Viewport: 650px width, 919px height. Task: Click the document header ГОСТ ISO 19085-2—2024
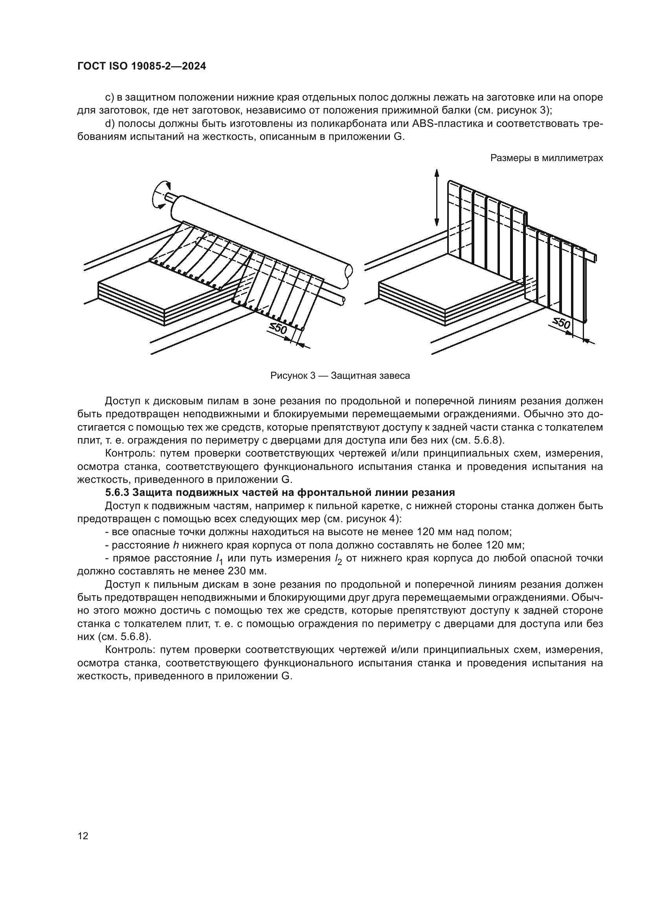142,66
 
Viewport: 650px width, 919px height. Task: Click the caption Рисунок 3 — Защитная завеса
340,376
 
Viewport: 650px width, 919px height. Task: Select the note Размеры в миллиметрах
546,158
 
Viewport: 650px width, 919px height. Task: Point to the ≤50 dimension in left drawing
278,328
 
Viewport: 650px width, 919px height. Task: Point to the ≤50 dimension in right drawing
561,322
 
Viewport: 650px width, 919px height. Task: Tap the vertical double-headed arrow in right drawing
437,198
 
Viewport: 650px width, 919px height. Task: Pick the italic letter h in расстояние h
176,545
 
